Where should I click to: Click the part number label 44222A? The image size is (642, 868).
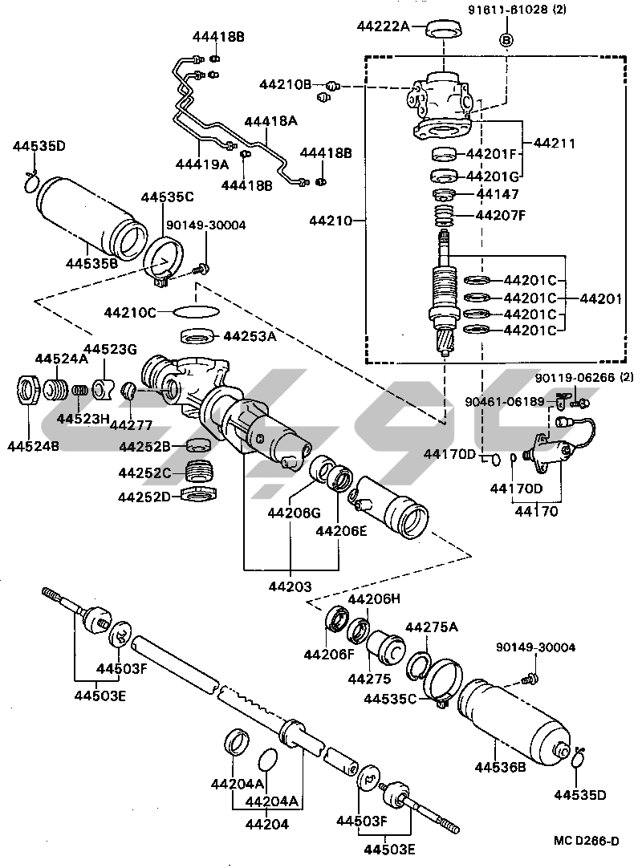click(383, 26)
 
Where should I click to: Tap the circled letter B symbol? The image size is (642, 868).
click(506, 39)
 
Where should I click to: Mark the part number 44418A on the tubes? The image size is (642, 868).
click(270, 121)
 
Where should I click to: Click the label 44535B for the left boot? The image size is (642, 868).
click(91, 262)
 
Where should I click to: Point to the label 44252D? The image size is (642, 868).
click(144, 497)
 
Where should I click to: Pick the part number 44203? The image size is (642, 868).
click(291, 586)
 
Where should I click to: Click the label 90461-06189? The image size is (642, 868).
click(506, 401)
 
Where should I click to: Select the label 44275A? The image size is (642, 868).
click(431, 627)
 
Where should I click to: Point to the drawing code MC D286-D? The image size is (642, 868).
click(586, 841)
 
